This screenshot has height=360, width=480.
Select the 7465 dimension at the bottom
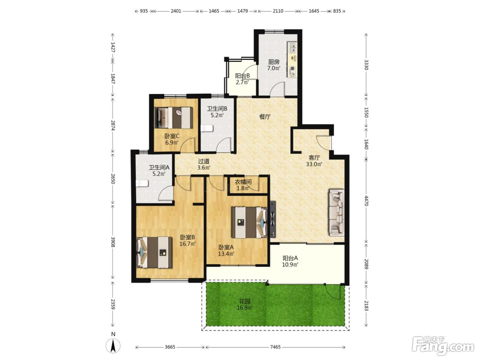click(275, 347)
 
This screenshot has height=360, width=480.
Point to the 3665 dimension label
click(170, 347)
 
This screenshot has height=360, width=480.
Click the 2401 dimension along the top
click(176, 11)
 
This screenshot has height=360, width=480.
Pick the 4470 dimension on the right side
click(367, 201)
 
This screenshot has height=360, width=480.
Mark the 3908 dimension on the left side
click(113, 242)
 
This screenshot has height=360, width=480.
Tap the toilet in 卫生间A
click(142, 183)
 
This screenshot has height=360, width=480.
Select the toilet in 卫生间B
click(207, 128)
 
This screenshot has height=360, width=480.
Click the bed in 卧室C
click(173, 118)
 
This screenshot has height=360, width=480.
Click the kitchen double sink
click(292, 47)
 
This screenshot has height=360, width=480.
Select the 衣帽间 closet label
click(243, 182)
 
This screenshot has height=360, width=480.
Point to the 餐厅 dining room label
click(265, 117)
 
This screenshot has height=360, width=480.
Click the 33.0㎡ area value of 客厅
click(314, 164)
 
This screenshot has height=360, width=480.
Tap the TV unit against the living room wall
click(273, 219)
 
